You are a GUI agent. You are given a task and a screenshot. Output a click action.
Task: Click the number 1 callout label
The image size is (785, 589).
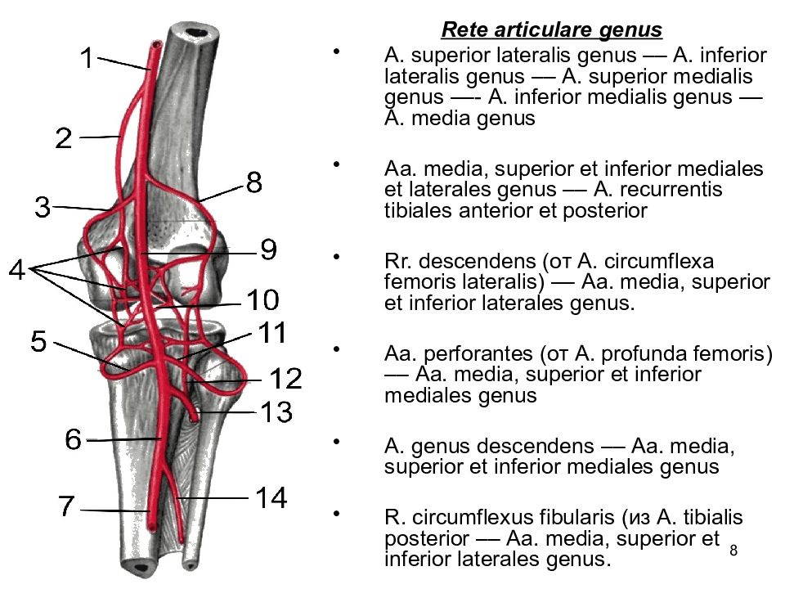coord(87,57)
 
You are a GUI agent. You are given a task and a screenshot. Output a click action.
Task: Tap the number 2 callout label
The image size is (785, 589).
coord(64,138)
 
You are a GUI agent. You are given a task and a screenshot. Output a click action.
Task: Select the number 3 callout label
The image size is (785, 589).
coord(43,207)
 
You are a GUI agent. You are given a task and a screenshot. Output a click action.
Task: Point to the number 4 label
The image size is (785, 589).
coord(17,270)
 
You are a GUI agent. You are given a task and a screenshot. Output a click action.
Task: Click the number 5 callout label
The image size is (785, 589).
coord(38,342)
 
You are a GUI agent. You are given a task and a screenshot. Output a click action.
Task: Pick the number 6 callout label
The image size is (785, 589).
coord(73,439)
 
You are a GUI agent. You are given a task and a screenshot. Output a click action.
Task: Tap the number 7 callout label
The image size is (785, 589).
coord(66,506)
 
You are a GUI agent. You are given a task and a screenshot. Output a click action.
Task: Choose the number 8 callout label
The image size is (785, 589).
coord(254,182)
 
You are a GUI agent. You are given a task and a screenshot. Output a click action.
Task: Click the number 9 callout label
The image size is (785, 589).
coord(269,249)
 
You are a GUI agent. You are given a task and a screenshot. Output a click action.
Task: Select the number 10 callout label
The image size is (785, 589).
coord(262,299)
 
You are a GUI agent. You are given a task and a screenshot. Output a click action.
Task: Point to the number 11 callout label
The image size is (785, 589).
coord(272,332)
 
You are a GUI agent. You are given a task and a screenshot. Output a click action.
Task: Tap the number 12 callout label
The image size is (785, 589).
coord(286,379)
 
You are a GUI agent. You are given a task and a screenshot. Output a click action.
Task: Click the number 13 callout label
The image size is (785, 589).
coord(276,411)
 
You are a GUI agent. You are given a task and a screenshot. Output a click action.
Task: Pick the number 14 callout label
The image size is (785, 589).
coord(271,498)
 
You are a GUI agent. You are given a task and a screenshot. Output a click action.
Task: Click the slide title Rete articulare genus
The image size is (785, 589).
coord(552,30)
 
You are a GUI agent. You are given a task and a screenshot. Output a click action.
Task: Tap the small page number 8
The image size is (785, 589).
coord(733,551)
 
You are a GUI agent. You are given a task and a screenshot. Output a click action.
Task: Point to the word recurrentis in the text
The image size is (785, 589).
coord(657,190)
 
